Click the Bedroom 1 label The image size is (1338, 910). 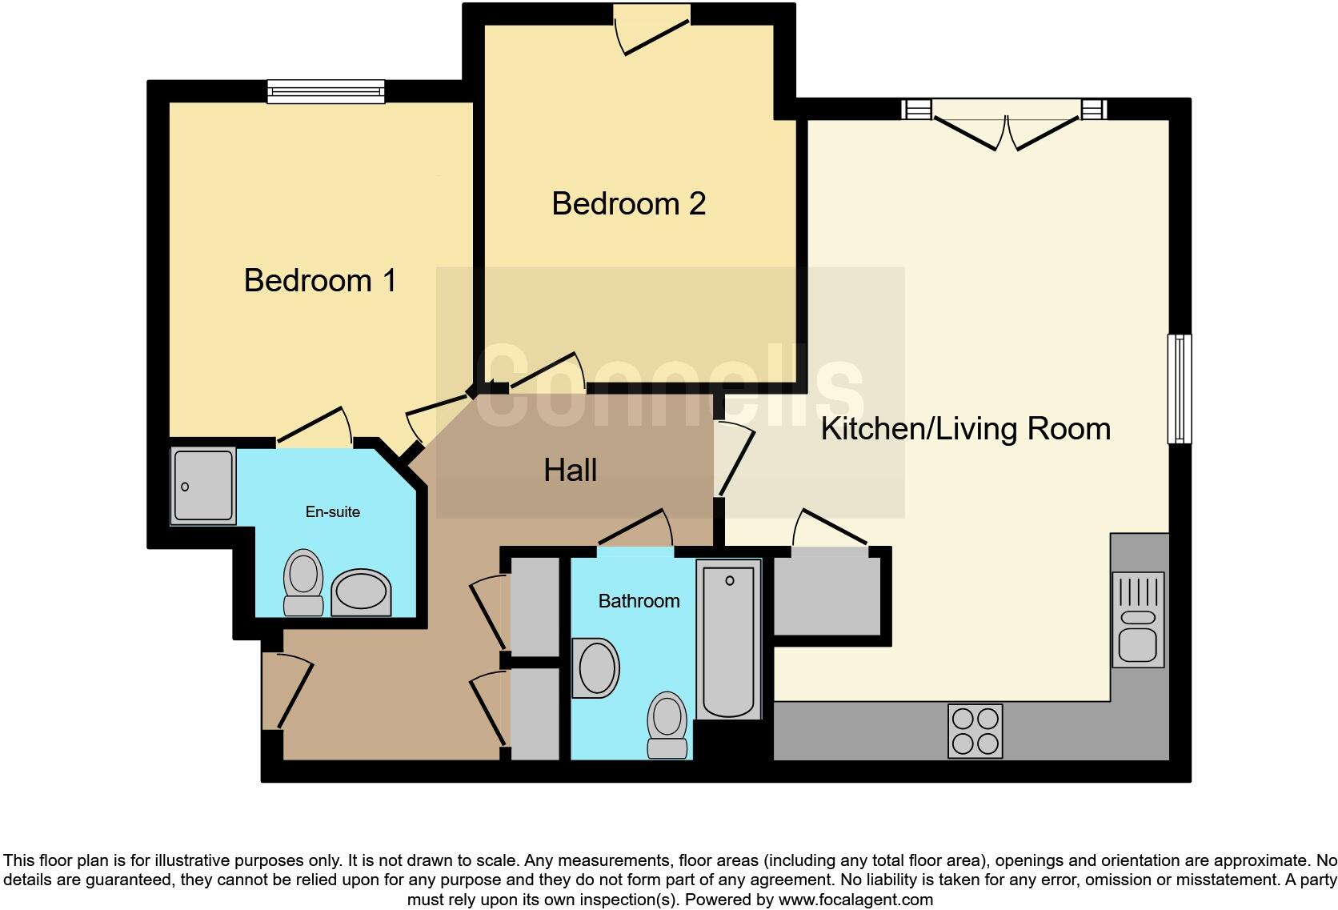click(x=320, y=281)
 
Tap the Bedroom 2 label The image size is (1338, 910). click(x=628, y=204)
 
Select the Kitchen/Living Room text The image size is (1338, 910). click(x=965, y=429)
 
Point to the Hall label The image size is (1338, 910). click(x=570, y=471)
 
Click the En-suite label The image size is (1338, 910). click(x=332, y=512)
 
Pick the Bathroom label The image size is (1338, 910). click(x=639, y=601)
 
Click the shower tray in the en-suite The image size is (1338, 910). click(x=203, y=486)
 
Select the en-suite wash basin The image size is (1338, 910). click(x=361, y=593)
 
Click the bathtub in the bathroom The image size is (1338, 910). click(x=728, y=639)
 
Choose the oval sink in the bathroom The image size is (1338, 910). click(x=596, y=667)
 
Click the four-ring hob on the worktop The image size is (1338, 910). click(x=975, y=731)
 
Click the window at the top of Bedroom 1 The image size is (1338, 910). click(x=326, y=92)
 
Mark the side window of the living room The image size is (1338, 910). click(x=1180, y=389)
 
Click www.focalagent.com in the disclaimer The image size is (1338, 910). click(x=855, y=900)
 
